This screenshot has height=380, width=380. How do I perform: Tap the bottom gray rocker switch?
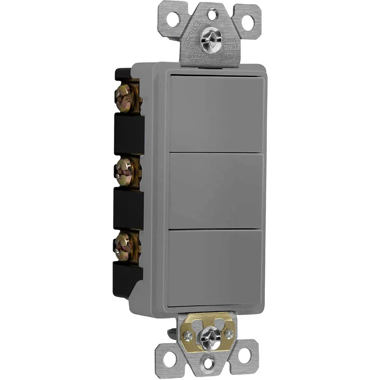pyautogui.click(x=215, y=266)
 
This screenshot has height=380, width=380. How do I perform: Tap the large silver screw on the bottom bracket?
pyautogui.click(x=209, y=335)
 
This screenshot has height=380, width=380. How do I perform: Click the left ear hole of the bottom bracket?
pyautogui.click(x=170, y=357)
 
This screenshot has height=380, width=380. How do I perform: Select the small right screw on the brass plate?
pyautogui.click(x=229, y=333)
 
